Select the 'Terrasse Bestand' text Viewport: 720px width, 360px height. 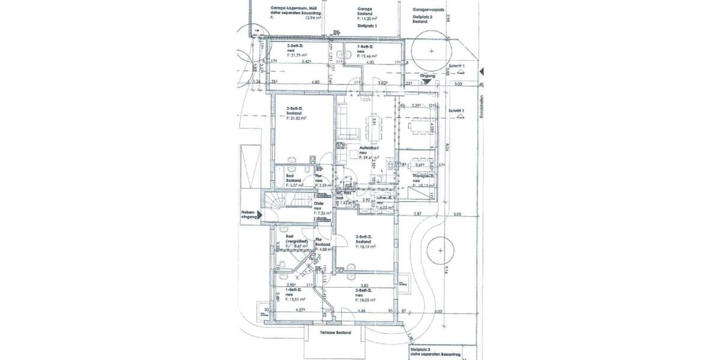pos(335,331)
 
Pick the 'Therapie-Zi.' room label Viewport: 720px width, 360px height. pos(424,177)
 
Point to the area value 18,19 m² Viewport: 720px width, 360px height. pos(366,247)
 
